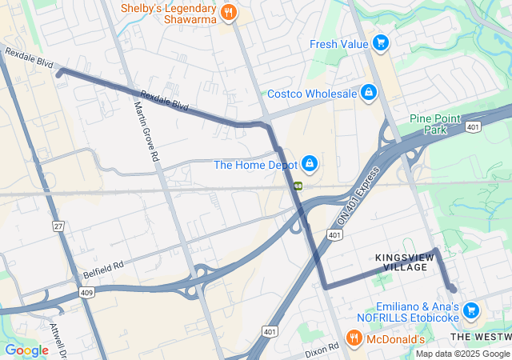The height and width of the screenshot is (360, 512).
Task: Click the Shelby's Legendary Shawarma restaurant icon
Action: pos(228,12)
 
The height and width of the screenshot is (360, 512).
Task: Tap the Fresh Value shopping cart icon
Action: pos(381,43)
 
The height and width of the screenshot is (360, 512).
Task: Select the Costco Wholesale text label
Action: pos(311,94)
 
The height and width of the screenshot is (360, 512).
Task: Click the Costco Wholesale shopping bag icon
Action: pos(368,94)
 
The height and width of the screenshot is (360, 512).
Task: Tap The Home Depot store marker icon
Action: pos(310,166)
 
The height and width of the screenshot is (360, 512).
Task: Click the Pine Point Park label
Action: pos(435,124)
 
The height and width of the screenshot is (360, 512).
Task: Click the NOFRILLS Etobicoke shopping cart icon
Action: pos(471,310)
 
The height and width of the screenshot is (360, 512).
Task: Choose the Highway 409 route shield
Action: pos(87,293)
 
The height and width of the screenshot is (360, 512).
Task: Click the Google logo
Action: pos(26,350)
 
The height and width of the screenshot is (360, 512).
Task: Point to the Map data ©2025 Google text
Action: pos(462,354)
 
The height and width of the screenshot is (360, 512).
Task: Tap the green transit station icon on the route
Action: pos(297,186)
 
